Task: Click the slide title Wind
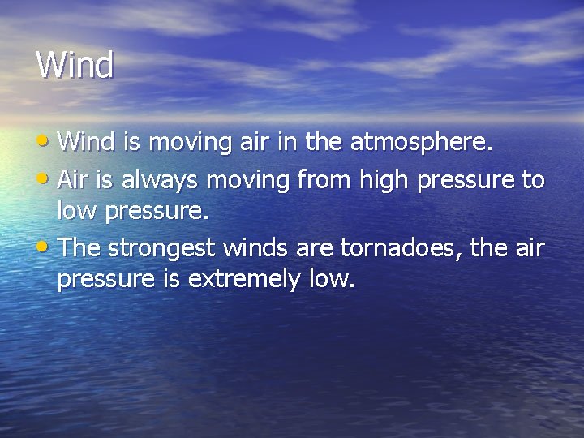point(75,65)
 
